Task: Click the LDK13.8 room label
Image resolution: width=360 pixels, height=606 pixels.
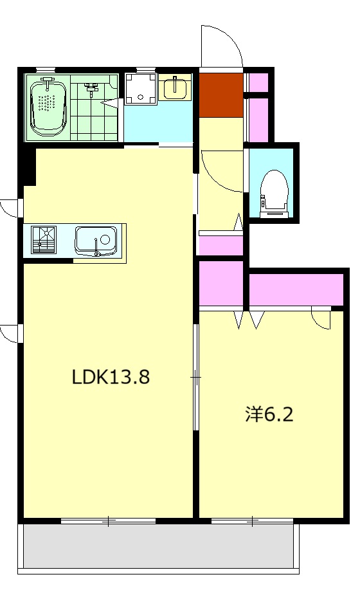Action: click(x=111, y=377)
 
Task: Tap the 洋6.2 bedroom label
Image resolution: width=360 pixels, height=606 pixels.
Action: click(x=269, y=414)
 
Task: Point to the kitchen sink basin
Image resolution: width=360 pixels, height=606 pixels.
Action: click(x=96, y=241)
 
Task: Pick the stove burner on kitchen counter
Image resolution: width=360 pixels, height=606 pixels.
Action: click(x=44, y=239)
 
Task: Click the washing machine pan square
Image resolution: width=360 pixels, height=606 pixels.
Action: click(x=141, y=89)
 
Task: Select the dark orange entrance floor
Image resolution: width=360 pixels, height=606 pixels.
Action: click(x=221, y=95)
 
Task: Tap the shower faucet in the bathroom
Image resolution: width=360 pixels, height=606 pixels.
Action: click(x=91, y=89)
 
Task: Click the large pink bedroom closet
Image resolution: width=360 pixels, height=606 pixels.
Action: click(x=296, y=289)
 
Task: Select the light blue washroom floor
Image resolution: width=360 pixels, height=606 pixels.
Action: click(x=158, y=122)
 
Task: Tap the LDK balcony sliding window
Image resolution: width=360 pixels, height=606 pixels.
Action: click(x=108, y=521)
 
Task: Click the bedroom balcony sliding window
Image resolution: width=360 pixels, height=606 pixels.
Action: click(x=252, y=521)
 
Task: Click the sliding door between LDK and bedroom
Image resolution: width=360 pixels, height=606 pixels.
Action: click(x=196, y=377)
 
